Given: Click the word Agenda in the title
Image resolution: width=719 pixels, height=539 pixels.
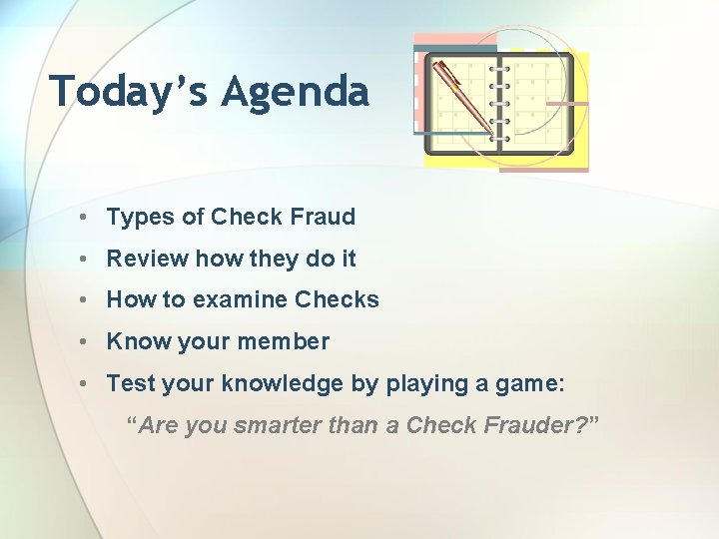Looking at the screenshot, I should click(296, 93).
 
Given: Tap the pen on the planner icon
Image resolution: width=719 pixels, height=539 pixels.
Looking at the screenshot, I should click(460, 96).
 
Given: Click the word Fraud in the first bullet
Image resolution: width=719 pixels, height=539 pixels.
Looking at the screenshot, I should click(324, 217).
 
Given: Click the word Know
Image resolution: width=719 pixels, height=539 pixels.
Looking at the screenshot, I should click(138, 341).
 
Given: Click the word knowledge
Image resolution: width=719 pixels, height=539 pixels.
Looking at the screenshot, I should click(278, 383).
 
